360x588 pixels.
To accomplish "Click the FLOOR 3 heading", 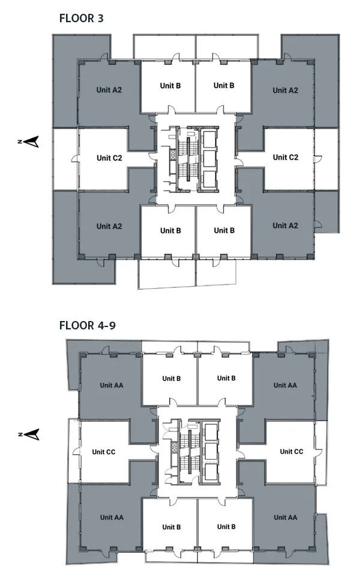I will pyautogui.click(x=82, y=18).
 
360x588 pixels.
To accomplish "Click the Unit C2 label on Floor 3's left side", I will pyautogui.click(x=109, y=158).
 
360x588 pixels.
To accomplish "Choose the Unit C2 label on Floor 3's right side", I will pyautogui.click(x=285, y=157).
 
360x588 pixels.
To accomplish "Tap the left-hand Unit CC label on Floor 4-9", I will pyautogui.click(x=104, y=452).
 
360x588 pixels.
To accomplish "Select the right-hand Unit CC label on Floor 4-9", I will pyautogui.click(x=290, y=451).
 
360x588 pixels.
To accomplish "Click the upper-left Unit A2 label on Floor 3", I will pyautogui.click(x=109, y=90).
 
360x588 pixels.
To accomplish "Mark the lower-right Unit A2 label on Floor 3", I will pyautogui.click(x=285, y=226).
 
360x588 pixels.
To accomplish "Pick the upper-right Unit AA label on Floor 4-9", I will pyautogui.click(x=284, y=385).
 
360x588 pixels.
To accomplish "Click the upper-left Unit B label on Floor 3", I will pyautogui.click(x=170, y=86).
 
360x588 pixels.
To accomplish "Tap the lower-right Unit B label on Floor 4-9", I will pyautogui.click(x=226, y=527).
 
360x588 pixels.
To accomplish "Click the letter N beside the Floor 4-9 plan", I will pyautogui.click(x=20, y=433).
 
